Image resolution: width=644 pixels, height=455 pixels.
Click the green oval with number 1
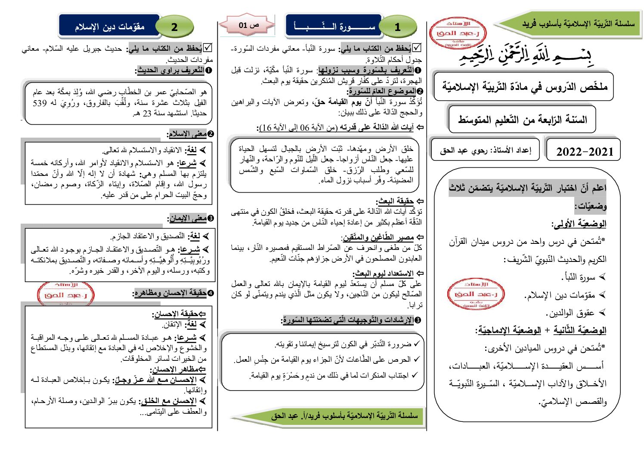pyautogui.click(x=398, y=27)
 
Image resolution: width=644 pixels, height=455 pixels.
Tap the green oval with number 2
pyautogui.click(x=174, y=27)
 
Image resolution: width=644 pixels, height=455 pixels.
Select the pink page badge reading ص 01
pyautogui.click(x=248, y=25)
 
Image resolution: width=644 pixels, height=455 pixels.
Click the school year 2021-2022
pyautogui.click(x=584, y=151)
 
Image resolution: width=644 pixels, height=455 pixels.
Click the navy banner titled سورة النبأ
pyautogui.click(x=334, y=26)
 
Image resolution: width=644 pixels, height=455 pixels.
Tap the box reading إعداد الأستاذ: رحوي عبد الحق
pyautogui.click(x=485, y=150)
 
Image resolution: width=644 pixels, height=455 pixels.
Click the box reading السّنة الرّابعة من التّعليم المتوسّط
pyautogui.click(x=522, y=119)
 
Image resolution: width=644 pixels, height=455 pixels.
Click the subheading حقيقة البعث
pyautogui.click(x=395, y=201)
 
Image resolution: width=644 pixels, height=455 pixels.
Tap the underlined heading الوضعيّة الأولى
pyautogui.click(x=579, y=224)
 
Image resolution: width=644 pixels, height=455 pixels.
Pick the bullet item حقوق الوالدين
pyautogui.click(x=571, y=313)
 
